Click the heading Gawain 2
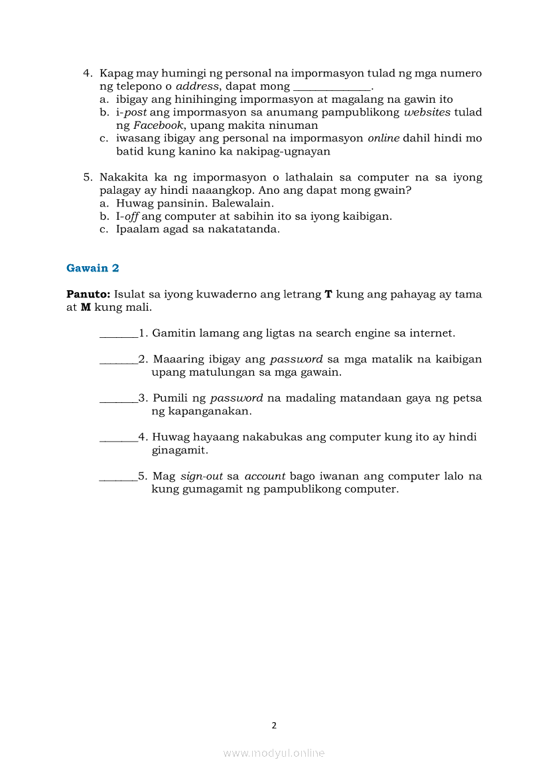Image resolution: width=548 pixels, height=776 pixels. click(93, 268)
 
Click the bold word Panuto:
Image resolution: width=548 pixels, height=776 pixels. click(88, 294)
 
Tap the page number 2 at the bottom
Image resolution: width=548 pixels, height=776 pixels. click(274, 726)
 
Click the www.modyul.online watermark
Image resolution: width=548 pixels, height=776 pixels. click(274, 753)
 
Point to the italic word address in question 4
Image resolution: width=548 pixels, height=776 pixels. click(198, 86)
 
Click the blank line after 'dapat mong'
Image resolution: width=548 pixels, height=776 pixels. click(332, 87)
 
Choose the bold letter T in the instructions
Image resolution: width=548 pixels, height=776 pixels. click(328, 294)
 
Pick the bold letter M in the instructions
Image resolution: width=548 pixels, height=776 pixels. click(86, 307)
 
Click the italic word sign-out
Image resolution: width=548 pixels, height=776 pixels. click(202, 477)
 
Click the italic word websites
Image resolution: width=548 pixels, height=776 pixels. click(427, 113)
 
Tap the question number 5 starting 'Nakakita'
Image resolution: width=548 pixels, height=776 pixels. click(87, 178)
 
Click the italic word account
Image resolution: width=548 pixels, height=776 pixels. click(265, 477)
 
